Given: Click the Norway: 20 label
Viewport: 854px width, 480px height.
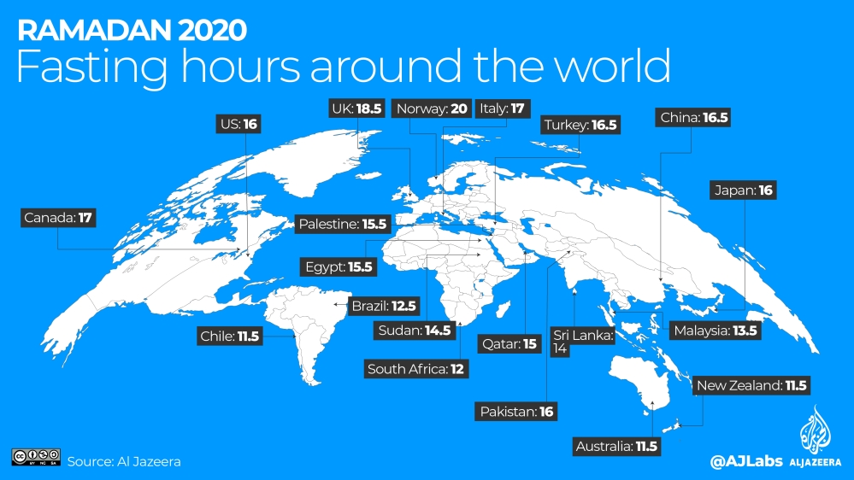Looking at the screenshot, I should tap(433, 109).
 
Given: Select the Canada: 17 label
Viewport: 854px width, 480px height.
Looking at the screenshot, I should tap(58, 218).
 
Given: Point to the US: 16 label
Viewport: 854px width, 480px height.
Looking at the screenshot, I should tap(239, 124).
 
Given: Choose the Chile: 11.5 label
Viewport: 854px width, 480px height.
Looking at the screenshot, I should tap(229, 337).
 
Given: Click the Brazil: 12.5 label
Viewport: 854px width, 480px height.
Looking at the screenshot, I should tap(384, 305).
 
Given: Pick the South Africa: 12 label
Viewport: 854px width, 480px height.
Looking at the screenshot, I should tap(417, 369).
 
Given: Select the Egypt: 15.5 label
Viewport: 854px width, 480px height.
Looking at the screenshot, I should tap(339, 267).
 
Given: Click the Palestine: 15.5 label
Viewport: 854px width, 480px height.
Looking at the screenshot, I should tap(343, 225).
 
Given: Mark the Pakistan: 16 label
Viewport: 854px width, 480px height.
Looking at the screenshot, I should tap(517, 412).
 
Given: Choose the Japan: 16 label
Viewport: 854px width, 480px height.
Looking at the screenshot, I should tap(744, 190).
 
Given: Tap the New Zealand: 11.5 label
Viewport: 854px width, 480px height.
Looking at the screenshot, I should tap(751, 385).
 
